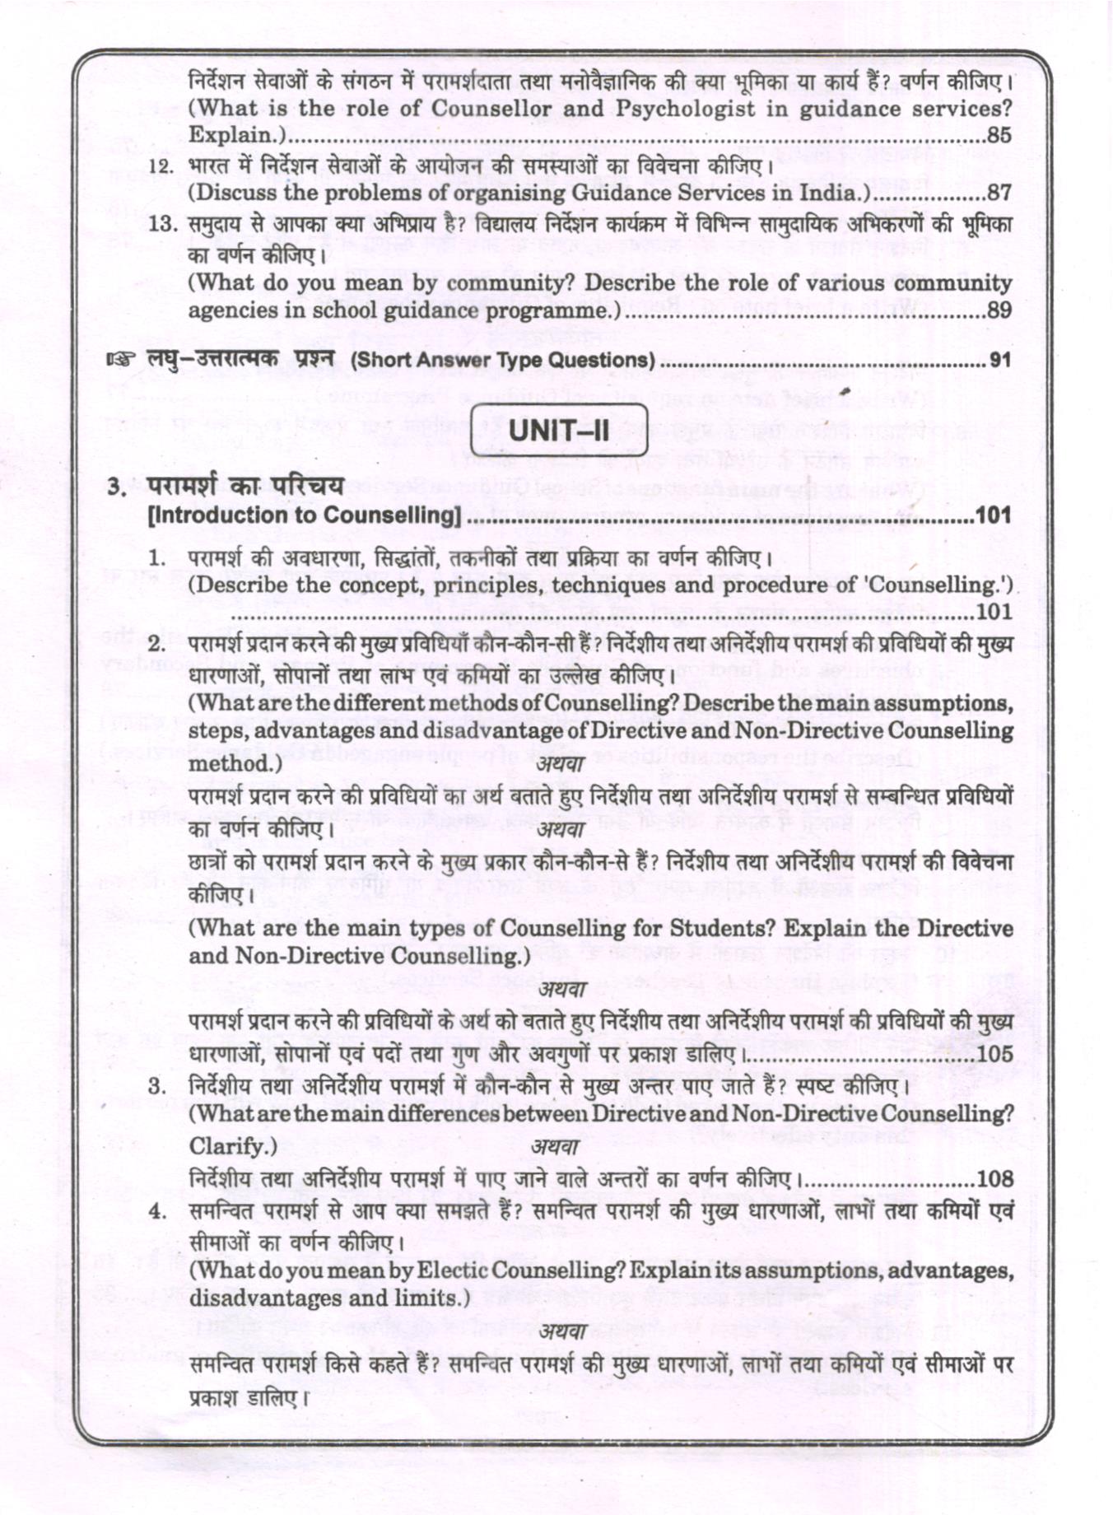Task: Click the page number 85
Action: click(x=999, y=136)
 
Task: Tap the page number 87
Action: click(x=999, y=193)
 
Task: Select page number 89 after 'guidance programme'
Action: click(x=999, y=310)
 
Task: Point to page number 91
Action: click(x=999, y=361)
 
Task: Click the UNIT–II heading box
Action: click(x=559, y=430)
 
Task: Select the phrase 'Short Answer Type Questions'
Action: click(x=503, y=361)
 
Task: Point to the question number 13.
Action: click(x=163, y=224)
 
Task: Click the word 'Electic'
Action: click(x=455, y=1270)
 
